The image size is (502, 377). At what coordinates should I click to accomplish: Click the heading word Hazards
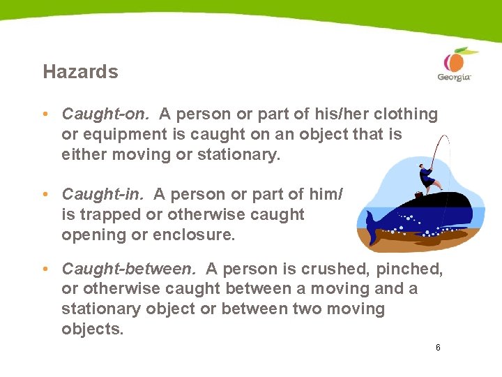pos(80,72)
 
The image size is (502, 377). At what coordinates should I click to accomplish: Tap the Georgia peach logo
pos(455,64)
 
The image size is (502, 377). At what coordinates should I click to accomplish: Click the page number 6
pos(437,347)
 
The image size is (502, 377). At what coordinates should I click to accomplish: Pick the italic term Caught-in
pos(105,194)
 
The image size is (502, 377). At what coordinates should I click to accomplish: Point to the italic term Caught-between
pos(130,269)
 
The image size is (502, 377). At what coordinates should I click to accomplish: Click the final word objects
pos(91,329)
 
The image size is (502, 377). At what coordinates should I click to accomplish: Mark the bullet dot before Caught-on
pos(44,114)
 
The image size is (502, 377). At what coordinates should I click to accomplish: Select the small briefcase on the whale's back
pos(418,195)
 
